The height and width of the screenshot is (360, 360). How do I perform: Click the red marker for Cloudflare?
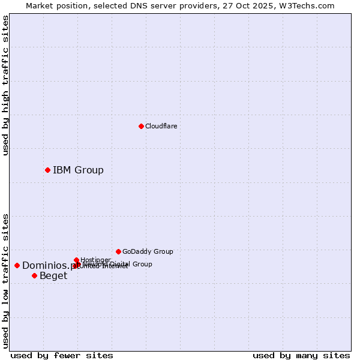[141, 126]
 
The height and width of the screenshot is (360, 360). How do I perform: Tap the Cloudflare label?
[161, 126]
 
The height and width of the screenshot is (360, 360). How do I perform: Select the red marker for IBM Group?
[47, 170]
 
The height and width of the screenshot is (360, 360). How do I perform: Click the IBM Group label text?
[78, 170]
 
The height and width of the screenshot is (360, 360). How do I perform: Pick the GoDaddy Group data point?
[118, 251]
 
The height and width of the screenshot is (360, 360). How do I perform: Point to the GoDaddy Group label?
[148, 251]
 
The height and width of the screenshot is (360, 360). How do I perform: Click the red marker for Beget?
[34, 275]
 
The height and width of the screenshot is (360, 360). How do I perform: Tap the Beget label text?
[53, 276]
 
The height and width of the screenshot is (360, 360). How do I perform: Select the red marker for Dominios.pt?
[17, 265]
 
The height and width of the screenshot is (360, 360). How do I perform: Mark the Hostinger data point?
[76, 260]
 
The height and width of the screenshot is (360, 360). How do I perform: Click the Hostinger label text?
[95, 260]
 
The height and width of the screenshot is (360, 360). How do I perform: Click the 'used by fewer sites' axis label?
[62, 355]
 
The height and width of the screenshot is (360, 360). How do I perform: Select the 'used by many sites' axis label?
[301, 355]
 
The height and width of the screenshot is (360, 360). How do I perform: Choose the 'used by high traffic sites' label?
[5, 85]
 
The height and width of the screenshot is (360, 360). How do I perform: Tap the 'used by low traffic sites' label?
[5, 281]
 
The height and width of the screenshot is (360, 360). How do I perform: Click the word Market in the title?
[40, 5]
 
